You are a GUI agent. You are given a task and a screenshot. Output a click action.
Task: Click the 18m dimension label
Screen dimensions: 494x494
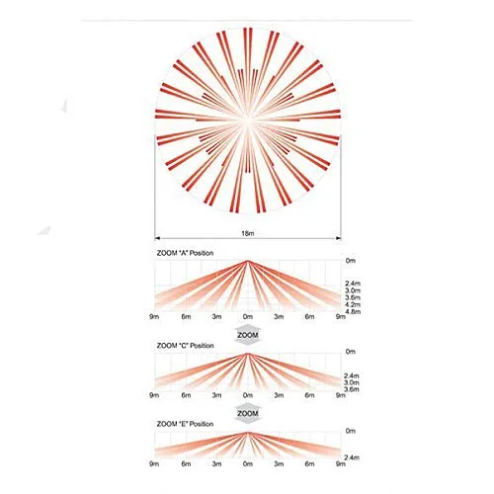[248, 233]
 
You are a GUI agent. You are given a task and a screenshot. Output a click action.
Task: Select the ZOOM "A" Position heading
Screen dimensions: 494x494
[185, 253]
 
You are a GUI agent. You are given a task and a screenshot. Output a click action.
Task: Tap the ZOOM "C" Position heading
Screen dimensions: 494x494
[185, 346]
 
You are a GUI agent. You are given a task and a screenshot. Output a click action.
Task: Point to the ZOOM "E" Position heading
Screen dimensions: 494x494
[185, 424]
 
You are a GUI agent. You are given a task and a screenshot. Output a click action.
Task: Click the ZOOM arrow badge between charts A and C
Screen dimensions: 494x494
[248, 335]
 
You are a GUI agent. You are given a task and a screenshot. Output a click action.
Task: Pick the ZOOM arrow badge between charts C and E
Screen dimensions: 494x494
[248, 414]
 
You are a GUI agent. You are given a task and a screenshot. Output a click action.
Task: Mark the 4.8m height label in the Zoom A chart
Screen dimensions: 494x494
[353, 311]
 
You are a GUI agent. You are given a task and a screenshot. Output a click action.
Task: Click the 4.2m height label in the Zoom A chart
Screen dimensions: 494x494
[353, 304]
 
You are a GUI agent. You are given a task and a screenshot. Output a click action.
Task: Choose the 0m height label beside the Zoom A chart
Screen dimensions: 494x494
[351, 261]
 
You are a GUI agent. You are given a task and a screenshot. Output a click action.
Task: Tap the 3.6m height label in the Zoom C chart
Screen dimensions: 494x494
[352, 389]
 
